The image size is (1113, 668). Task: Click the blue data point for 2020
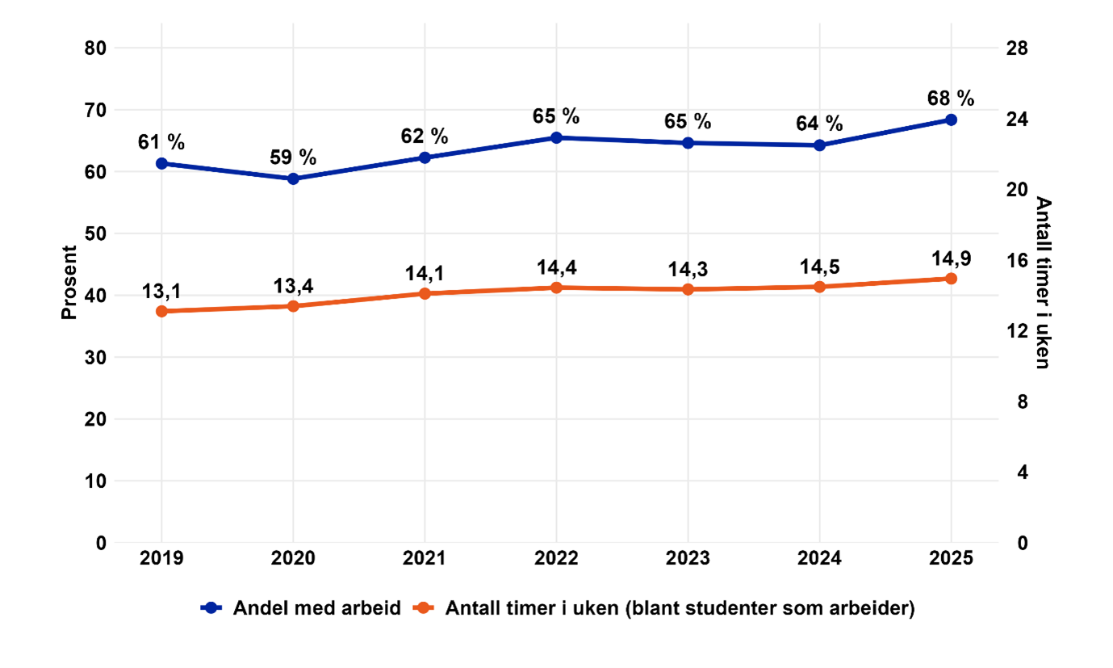click(x=293, y=179)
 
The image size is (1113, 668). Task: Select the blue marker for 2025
click(x=951, y=120)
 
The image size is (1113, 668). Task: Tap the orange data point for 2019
click(x=161, y=311)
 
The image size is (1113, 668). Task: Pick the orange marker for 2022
click(x=556, y=288)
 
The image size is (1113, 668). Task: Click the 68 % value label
click(x=951, y=98)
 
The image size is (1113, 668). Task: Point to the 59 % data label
click(x=293, y=157)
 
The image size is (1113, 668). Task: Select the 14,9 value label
click(x=951, y=258)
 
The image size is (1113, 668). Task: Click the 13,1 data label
click(x=161, y=291)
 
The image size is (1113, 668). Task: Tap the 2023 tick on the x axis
click(x=688, y=558)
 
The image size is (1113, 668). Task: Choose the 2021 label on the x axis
click(x=425, y=558)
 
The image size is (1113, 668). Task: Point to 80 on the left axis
click(x=95, y=48)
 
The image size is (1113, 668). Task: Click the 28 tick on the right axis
click(x=1017, y=48)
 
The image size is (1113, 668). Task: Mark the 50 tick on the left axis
click(x=95, y=233)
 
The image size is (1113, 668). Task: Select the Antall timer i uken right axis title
click(x=1043, y=283)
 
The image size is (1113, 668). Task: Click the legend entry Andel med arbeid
click(x=316, y=609)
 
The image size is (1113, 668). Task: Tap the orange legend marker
click(x=425, y=609)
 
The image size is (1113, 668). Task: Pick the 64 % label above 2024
click(x=819, y=124)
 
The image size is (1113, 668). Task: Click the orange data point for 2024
click(x=819, y=287)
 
